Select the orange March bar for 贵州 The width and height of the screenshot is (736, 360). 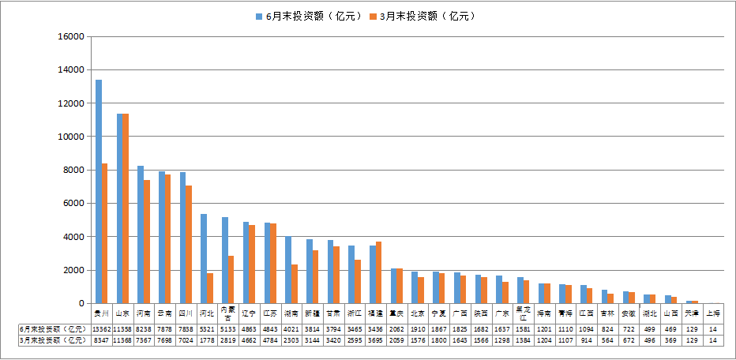click(x=104, y=233)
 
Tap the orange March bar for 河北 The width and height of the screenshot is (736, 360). click(x=209, y=288)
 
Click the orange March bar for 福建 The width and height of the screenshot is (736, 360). click(x=378, y=272)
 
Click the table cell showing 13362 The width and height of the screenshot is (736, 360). click(x=102, y=328)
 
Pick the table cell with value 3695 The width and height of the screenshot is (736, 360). click(x=376, y=339)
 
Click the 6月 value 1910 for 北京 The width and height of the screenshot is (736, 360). click(x=418, y=328)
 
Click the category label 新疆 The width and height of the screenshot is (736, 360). click(x=312, y=313)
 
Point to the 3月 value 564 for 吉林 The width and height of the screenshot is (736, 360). click(x=607, y=339)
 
